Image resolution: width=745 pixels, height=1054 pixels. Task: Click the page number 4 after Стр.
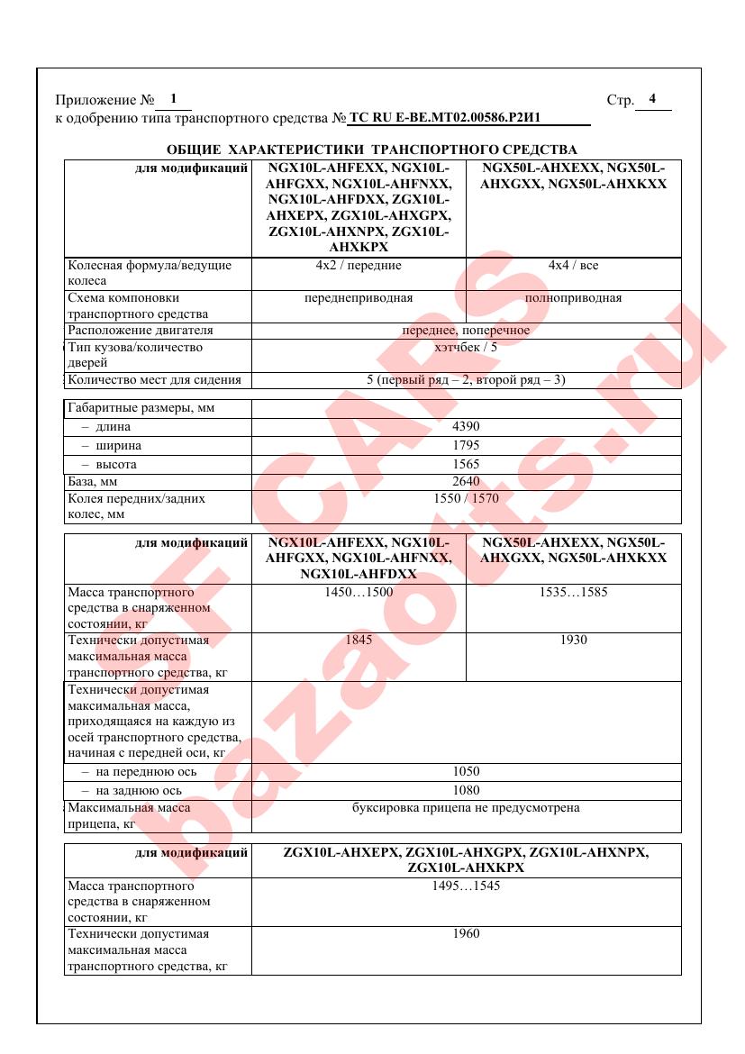pos(652,99)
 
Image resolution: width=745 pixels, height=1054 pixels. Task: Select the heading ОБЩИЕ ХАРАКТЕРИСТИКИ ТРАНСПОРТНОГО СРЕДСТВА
pos(372,149)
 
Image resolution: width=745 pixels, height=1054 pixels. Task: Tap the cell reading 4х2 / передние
pos(359,266)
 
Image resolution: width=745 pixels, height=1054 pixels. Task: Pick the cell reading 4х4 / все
pos(573,266)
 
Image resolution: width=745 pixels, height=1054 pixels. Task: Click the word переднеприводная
pos(359,298)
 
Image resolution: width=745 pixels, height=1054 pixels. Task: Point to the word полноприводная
pos(573,298)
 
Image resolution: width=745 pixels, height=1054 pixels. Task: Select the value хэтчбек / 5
pos(466,347)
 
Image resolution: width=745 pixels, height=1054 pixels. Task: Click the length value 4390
pos(466,427)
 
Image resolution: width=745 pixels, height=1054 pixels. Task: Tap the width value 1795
pos(466,446)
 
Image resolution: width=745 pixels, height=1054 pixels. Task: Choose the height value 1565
pos(466,465)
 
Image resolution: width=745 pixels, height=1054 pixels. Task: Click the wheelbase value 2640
pos(466,482)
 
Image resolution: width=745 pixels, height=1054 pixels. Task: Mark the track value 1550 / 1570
pos(466,498)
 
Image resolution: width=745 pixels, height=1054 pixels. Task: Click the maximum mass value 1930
pos(573,641)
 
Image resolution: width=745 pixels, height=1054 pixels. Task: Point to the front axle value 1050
pos(466,772)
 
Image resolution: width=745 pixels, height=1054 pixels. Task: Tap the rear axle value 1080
pos(466,791)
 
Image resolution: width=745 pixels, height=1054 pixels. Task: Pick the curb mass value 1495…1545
pos(466,886)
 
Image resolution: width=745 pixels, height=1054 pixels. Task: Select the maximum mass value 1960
pos(466,934)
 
